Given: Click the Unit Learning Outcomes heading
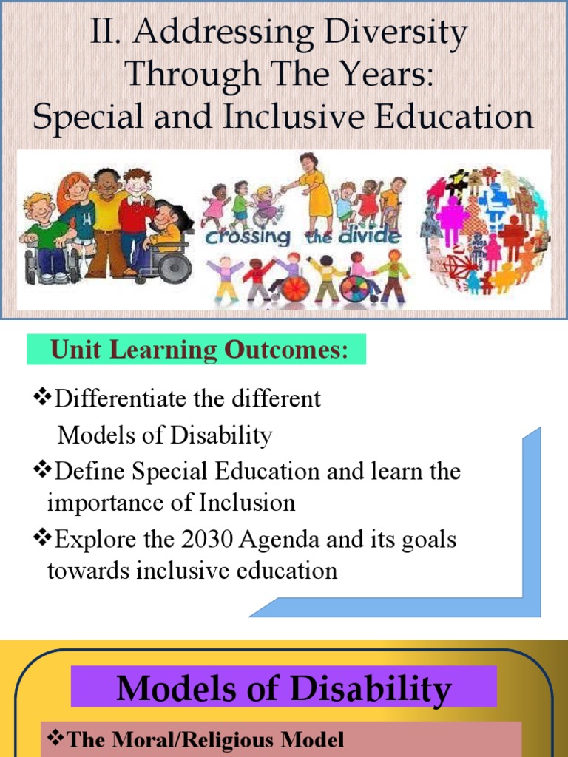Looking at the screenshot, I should [198, 350].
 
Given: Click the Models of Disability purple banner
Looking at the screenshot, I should [283, 688].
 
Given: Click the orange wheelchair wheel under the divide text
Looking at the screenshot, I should [294, 288].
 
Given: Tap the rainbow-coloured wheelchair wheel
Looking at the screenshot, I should [355, 288].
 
